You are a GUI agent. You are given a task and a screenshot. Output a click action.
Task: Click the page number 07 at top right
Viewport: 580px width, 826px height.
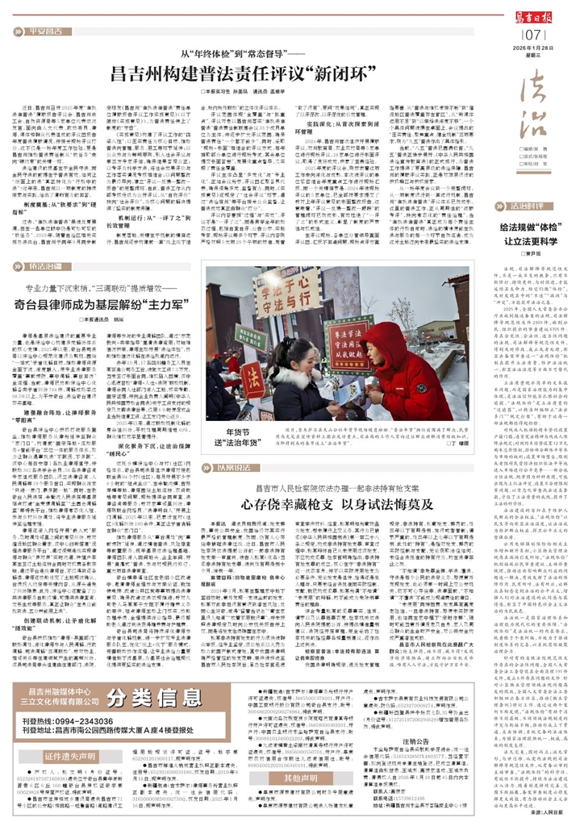[x=532, y=35]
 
